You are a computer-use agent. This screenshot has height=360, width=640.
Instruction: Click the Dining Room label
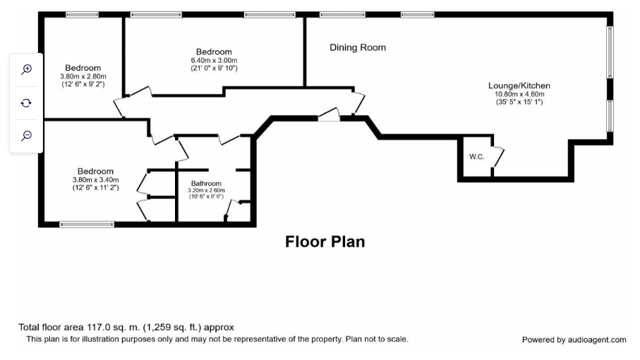pos(358,47)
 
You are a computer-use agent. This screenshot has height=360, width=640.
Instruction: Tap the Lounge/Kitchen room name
pos(519,85)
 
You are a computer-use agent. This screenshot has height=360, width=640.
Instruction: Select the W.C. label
pos(476,156)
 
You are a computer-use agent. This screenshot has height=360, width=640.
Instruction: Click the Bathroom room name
pos(206,184)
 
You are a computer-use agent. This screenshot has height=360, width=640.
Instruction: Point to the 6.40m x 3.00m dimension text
pos(214,60)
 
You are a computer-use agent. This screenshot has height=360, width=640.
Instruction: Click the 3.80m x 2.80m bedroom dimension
pos(83,76)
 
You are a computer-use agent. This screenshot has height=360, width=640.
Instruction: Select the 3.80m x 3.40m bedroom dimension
pos(95,179)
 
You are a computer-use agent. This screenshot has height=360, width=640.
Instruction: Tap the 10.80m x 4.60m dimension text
pos(519,94)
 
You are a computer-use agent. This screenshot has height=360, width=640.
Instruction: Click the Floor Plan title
pos(325,241)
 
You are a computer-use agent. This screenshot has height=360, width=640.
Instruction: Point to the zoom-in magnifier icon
pos(26,69)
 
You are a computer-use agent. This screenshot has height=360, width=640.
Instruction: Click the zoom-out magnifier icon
pos(26,136)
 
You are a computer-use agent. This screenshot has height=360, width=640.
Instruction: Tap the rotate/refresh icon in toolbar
pos(26,102)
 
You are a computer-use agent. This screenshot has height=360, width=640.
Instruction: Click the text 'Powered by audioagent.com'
pos(574,340)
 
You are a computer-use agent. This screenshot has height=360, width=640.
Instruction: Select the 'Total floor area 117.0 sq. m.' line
pos(126,327)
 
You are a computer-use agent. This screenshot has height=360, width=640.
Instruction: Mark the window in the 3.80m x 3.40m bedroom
pos(87,224)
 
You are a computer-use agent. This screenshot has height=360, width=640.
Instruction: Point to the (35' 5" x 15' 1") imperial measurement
pos(519,102)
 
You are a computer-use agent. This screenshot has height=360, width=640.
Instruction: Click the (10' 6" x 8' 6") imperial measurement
pos(206,197)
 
